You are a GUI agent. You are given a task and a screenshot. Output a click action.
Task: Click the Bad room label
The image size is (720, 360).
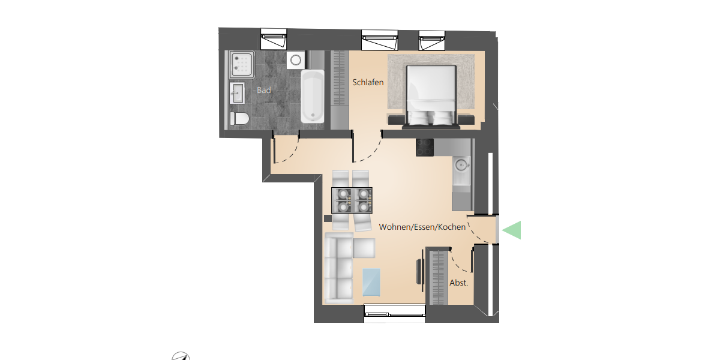coord(264,91)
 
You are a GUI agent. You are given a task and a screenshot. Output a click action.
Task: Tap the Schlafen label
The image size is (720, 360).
coord(368,83)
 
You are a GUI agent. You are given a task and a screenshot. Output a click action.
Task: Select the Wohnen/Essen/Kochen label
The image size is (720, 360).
coord(422,227)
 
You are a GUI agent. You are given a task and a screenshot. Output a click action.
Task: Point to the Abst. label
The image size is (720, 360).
coord(458,282)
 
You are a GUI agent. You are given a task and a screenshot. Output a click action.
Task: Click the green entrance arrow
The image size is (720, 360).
coord(512,230)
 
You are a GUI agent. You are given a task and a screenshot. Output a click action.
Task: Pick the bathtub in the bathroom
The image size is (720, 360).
coord(311,96)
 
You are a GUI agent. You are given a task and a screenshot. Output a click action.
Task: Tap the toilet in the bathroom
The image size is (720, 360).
coord(239,118)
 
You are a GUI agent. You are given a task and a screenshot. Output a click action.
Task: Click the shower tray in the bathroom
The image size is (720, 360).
coord(241,64)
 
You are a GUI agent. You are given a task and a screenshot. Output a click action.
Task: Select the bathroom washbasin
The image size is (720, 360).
coord(237,93)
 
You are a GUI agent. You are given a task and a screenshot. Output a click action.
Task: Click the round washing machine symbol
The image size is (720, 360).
coord(295,59)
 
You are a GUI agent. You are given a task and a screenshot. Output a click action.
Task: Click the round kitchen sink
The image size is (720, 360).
coord(461,164)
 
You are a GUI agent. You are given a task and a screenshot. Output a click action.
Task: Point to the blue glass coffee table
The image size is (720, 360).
coord(371,282)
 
